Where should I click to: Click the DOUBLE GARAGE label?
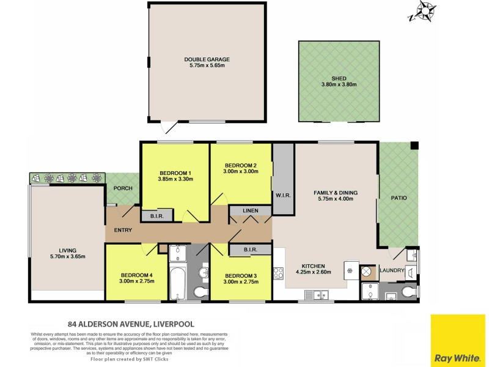pos(207,59)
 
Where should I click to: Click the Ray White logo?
pos(458,341)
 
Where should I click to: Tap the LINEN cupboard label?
pos(250,211)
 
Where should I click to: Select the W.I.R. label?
pos(283,195)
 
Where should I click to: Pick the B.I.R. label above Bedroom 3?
pos(249,249)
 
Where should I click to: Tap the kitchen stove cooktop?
pos(279,272)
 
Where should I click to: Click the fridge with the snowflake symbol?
pos(351,270)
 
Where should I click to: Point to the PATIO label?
pos(399,198)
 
